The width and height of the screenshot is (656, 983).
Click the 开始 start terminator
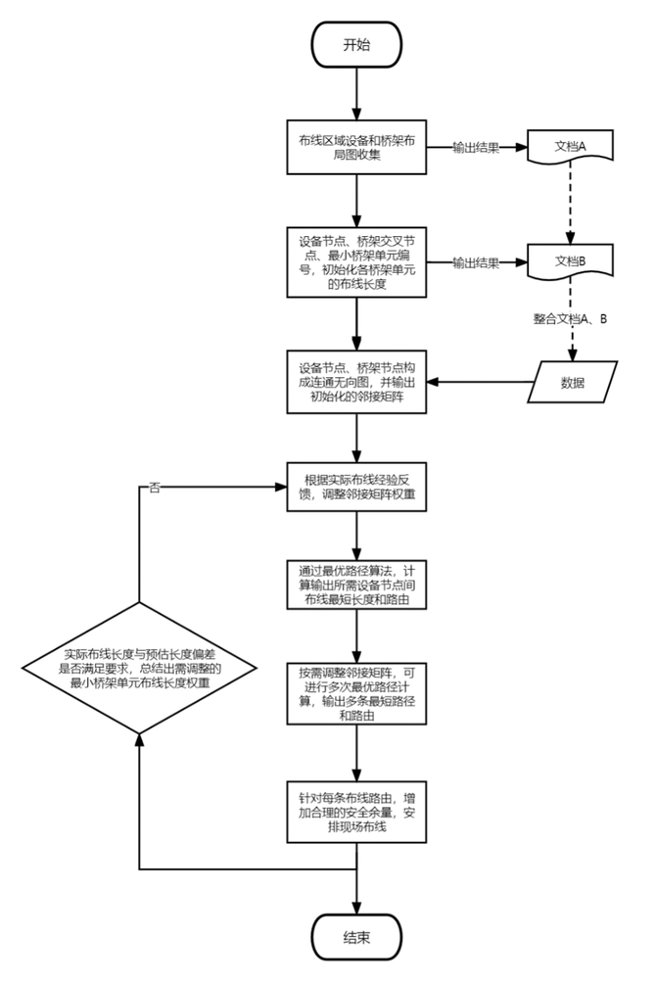click(x=356, y=45)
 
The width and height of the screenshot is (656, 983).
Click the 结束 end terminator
click(x=356, y=937)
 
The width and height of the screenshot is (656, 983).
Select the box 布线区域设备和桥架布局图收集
click(x=356, y=147)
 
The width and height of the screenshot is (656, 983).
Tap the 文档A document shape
click(x=570, y=147)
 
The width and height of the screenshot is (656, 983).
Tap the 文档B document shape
click(x=570, y=262)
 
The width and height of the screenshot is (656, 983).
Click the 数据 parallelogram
click(x=573, y=382)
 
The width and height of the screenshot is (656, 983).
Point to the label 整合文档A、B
click(x=571, y=318)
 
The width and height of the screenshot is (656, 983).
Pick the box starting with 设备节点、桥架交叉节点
click(x=356, y=262)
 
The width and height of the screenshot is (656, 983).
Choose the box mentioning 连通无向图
click(x=356, y=381)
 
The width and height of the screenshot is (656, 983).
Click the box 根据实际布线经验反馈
click(x=356, y=487)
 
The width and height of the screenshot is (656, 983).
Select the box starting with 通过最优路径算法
click(x=356, y=585)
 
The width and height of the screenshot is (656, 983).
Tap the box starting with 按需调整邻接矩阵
click(x=356, y=694)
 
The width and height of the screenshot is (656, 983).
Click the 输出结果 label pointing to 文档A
click(x=476, y=148)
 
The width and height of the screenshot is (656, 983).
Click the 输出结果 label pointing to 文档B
click(x=476, y=263)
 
